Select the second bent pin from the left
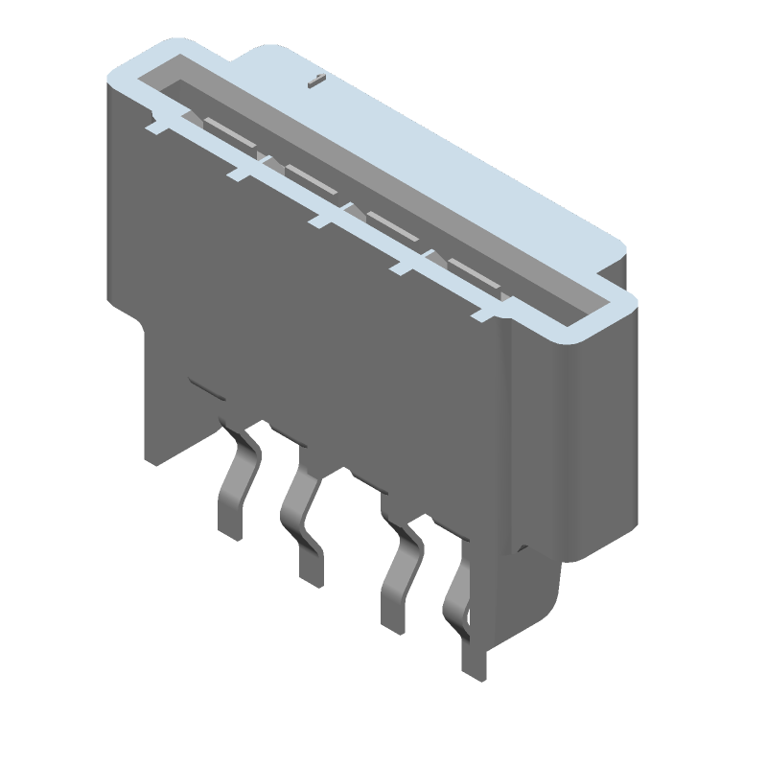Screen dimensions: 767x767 point(301,518)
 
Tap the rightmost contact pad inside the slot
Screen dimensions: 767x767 point(474,270)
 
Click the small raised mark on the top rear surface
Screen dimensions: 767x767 point(313,82)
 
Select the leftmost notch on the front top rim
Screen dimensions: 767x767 point(157,123)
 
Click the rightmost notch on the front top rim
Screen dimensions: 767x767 point(484,311)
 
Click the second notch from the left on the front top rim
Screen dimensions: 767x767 point(240,173)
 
